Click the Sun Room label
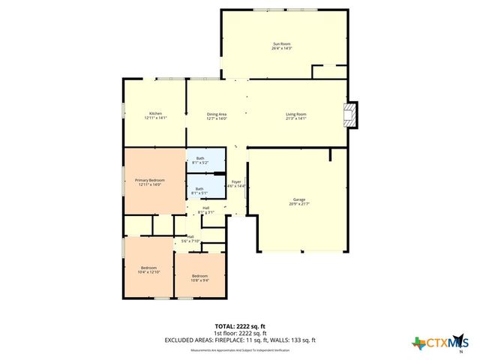[282, 44]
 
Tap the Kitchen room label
[155, 113]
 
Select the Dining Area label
[217, 113]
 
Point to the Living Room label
[296, 113]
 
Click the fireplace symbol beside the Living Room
[350, 114]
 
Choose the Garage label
[298, 199]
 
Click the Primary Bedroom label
[149, 180]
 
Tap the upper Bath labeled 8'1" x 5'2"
[200, 158]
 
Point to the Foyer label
[236, 181]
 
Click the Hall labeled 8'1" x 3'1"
[205, 208]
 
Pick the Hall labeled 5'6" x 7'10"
[190, 236]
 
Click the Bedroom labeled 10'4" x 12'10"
[148, 268]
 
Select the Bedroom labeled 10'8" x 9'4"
[199, 275]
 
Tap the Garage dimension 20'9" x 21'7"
[298, 203]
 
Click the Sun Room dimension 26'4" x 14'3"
[282, 49]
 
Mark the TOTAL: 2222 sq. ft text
[240, 326]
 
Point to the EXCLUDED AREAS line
[240, 340]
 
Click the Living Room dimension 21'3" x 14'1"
[296, 118]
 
